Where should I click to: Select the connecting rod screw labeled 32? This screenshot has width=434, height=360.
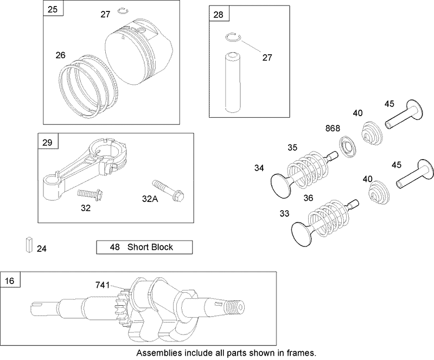pos(87,193)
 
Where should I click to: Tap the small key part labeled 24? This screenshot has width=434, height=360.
pos(28,245)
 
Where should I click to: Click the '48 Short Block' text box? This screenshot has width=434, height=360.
pos(144,247)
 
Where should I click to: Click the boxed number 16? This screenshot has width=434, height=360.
pos(10,281)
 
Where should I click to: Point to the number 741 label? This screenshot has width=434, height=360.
pos(103,285)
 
